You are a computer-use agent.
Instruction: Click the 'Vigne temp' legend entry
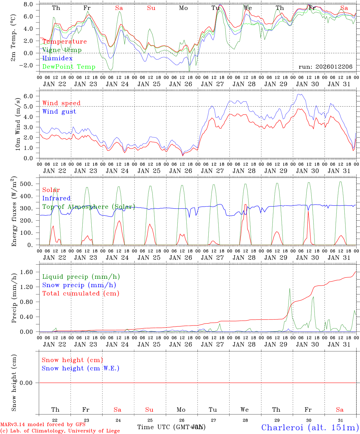point(62,50)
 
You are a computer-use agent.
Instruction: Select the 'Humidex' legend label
point(57,58)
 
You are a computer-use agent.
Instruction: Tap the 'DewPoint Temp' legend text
point(69,67)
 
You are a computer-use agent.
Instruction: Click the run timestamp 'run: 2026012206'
point(325,67)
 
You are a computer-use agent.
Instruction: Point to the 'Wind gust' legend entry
point(59,112)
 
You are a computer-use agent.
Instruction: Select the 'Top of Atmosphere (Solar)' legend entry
point(88,207)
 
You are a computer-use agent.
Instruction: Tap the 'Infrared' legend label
point(56,198)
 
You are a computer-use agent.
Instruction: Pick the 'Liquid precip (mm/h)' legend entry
point(81,277)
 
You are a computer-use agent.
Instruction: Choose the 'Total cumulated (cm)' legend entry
point(81,294)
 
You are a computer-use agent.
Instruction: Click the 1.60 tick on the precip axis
point(26,272)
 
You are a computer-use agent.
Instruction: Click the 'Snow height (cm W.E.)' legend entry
point(80,368)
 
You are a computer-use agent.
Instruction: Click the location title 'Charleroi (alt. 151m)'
point(310,427)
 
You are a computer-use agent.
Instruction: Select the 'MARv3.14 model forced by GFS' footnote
point(43,425)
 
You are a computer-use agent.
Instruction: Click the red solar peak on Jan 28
point(245,205)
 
